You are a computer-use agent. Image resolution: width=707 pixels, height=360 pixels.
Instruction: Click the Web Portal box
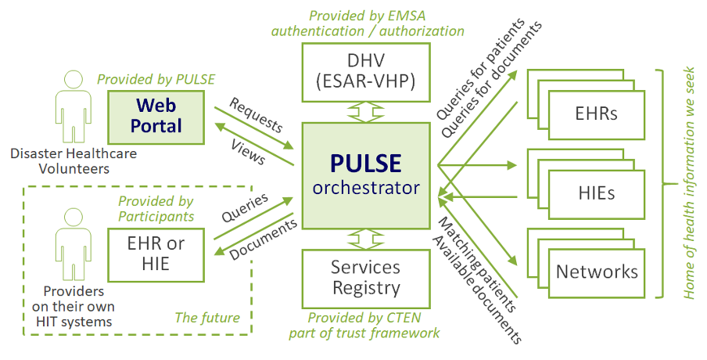click(159, 115)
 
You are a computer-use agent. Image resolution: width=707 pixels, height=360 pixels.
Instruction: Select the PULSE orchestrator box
click(365, 175)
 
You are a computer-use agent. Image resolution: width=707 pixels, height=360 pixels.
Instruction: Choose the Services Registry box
click(366, 278)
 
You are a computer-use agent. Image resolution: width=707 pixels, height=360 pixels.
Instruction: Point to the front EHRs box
click(596, 114)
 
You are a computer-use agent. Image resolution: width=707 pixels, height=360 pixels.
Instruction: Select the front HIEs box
click(596, 193)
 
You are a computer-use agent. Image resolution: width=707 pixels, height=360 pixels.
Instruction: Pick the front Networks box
click(596, 272)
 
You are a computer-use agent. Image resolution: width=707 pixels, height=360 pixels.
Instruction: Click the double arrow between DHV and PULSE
click(366, 113)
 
